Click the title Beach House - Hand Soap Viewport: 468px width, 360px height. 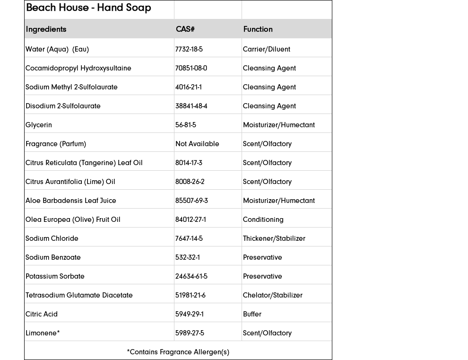88,8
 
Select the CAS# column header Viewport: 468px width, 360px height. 185,29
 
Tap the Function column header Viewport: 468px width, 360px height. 258,29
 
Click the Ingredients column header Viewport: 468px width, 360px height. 46,29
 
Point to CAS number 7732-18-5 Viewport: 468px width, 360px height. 189,49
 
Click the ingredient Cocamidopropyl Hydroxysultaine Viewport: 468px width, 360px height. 78,68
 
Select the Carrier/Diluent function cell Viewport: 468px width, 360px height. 266,49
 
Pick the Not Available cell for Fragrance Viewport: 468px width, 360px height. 197,144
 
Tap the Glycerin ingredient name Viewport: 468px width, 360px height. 39,125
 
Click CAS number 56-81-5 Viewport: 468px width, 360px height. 185,125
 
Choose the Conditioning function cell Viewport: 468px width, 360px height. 263,220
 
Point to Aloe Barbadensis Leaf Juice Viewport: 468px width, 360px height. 70,201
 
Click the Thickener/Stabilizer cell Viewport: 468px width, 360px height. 274,238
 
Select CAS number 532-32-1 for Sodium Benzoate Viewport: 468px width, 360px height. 187,257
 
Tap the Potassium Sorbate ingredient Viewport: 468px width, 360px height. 55,276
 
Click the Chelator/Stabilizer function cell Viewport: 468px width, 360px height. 272,295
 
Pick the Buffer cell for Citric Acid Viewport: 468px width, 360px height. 252,314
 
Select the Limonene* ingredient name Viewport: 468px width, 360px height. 43,333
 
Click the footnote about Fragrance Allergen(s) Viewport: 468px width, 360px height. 178,352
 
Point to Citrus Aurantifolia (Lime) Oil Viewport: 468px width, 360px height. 70,182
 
